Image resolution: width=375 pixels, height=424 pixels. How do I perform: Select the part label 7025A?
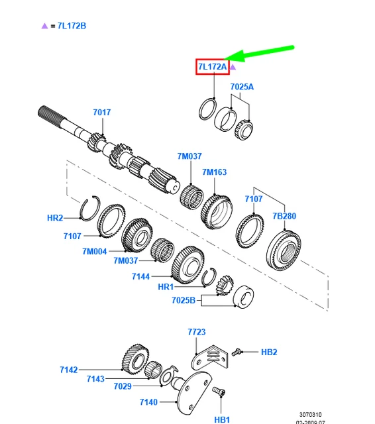pos(242,87)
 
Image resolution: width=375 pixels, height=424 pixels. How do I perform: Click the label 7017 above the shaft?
pos(101,113)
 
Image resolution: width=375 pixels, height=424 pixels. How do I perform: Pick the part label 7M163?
pos(214,172)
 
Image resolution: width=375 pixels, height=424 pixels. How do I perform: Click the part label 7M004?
pos(95,251)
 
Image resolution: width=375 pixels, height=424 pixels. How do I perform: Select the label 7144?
pos(140,276)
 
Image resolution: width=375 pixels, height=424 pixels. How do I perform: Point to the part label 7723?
pos(197,331)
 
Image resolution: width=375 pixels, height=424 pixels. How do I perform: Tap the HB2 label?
pos(269,352)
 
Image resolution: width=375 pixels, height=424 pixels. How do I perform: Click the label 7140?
pos(148,402)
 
